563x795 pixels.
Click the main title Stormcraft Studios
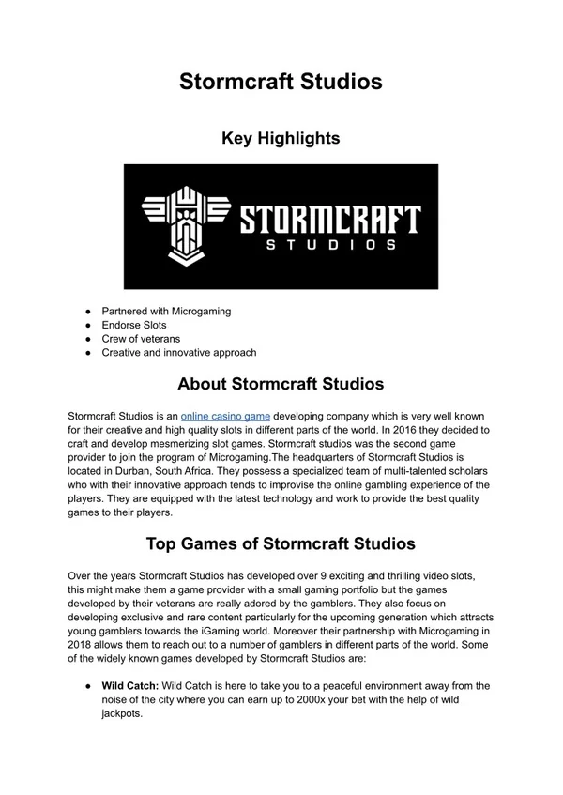point(281,82)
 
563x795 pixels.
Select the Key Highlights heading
point(281,139)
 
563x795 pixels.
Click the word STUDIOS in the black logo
point(328,246)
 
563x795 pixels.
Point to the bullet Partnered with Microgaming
point(167,311)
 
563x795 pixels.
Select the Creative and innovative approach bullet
point(179,353)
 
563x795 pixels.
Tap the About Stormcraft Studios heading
point(281,384)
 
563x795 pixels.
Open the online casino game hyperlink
point(225,415)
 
